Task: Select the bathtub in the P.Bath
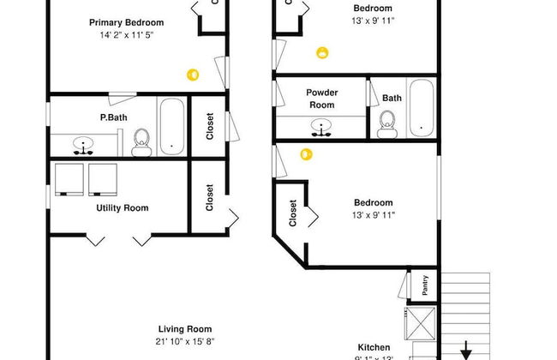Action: tap(171, 127)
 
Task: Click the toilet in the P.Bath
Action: tap(143, 142)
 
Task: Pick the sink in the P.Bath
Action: tap(84, 144)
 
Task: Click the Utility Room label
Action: tap(122, 207)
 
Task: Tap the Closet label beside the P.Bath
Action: tap(209, 127)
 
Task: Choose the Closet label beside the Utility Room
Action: tap(209, 198)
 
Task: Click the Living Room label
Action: tap(185, 329)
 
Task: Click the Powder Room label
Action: tap(321, 99)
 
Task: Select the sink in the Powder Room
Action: tap(322, 128)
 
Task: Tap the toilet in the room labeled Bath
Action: tap(386, 126)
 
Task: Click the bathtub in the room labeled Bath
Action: tap(422, 109)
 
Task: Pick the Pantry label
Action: tap(426, 285)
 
